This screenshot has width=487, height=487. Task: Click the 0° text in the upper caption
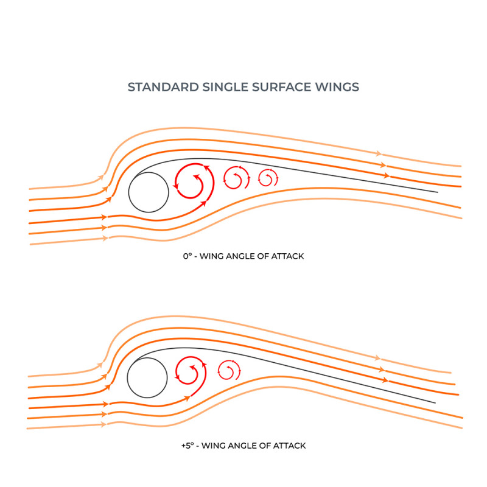[187, 256]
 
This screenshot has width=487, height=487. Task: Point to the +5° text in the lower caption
[187, 446]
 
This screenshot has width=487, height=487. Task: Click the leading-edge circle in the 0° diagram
[149, 192]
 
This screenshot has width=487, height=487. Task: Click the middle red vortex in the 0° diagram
[236, 178]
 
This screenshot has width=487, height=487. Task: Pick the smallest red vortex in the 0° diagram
[267, 178]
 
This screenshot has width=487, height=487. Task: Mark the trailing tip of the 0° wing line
[437, 192]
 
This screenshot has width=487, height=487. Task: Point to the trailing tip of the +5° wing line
[435, 403]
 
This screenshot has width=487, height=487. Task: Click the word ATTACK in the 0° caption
[289, 256]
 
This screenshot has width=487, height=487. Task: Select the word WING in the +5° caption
[212, 446]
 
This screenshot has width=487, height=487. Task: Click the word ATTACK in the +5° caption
[291, 446]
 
